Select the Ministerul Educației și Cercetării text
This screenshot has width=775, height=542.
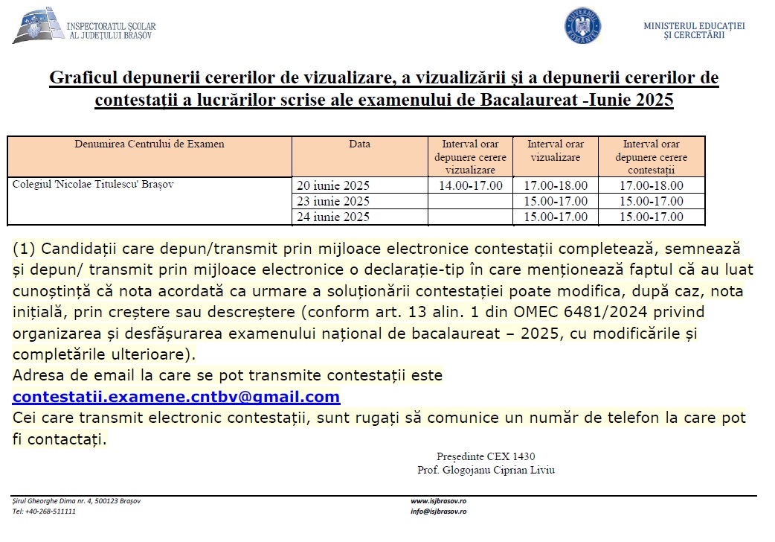[x=693, y=31]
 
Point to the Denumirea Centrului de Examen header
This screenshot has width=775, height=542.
[x=149, y=144]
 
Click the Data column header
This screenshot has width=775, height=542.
[x=359, y=144]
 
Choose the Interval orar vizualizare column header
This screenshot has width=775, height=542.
[x=556, y=150]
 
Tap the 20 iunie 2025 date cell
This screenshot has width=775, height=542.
[x=333, y=185]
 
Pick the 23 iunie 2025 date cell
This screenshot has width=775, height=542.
[x=333, y=201]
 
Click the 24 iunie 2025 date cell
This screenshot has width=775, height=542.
[x=333, y=217]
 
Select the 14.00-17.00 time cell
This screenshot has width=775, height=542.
[x=470, y=185]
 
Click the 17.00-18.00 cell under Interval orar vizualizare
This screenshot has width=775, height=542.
[x=556, y=185]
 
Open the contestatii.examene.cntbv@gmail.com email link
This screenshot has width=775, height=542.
[x=176, y=397]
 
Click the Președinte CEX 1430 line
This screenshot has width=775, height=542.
[x=486, y=456]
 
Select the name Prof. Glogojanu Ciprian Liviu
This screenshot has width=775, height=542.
[x=486, y=470]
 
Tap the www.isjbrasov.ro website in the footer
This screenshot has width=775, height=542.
[x=438, y=501]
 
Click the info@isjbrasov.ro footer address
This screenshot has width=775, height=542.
[x=438, y=511]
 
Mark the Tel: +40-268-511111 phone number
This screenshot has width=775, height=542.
[x=45, y=511]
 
